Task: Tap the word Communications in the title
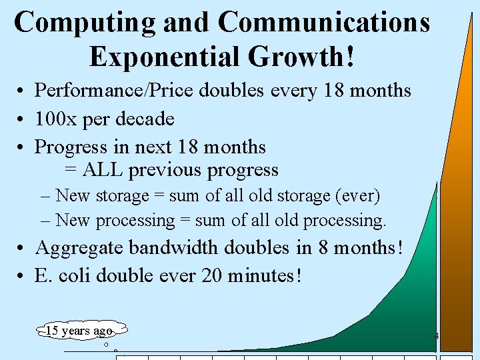324,23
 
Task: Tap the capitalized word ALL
103,170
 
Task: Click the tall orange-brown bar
457,200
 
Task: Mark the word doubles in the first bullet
233,91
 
